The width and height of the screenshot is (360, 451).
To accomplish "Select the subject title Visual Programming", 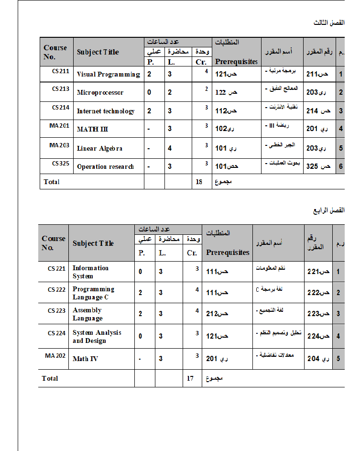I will (x=108, y=74).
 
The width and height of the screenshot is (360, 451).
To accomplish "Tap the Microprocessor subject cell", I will (x=100, y=92).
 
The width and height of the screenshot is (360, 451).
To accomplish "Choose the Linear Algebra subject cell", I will (x=99, y=148).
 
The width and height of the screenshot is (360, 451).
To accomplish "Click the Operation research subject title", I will (x=105, y=166).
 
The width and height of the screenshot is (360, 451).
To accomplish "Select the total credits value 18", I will (x=200, y=182).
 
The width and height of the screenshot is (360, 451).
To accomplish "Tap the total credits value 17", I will (x=190, y=378).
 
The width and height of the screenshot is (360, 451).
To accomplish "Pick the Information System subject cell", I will (x=90, y=272).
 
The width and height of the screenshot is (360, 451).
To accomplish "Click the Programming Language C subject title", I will (x=93, y=293).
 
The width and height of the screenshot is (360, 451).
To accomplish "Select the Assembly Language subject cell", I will (x=87, y=314).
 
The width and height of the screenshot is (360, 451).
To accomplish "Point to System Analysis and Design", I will (x=97, y=336).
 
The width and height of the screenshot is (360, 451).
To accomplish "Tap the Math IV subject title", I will (x=85, y=358).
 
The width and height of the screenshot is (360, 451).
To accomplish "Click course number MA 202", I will (x=55, y=355).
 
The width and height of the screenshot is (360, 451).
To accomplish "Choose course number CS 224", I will (x=56, y=333).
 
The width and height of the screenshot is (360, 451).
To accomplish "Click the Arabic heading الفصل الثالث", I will (x=329, y=22).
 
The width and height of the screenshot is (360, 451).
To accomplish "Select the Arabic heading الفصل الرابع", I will (x=329, y=210).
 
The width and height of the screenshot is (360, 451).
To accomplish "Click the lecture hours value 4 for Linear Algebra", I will (x=170, y=148).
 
